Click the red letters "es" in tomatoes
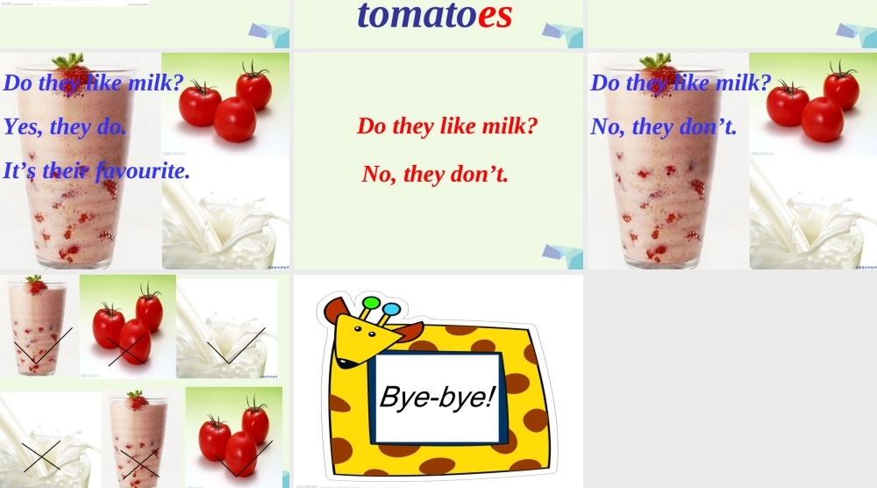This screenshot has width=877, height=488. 495,16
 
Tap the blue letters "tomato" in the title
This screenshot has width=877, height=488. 417,15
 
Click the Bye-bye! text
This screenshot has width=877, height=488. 438,397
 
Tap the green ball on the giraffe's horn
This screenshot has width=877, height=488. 370,304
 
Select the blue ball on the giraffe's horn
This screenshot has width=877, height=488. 391,309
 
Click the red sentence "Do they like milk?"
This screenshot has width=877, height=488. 447,126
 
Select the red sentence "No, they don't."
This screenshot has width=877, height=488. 435,174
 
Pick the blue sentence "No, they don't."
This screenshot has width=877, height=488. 663,126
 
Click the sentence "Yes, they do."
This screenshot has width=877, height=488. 65,126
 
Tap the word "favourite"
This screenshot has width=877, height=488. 143,170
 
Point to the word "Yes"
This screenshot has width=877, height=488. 23,126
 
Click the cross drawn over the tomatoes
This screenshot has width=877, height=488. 126,351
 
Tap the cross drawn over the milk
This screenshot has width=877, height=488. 41,456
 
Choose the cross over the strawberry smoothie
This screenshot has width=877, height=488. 139,463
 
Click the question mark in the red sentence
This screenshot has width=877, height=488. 531,126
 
